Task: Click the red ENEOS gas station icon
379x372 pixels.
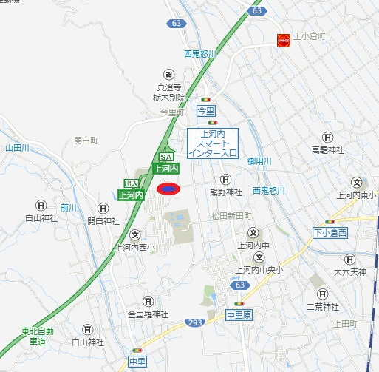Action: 284,41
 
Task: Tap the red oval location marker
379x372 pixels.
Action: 168,189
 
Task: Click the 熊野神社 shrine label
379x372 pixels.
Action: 225,192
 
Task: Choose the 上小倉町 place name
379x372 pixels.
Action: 310,35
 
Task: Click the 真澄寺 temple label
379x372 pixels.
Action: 171,86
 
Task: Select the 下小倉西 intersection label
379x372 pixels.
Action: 329,233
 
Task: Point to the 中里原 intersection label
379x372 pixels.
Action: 239,315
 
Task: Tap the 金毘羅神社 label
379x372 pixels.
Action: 148,314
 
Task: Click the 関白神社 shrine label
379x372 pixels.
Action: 103,220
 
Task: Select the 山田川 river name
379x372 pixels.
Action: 16,148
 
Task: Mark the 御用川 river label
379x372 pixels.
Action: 260,160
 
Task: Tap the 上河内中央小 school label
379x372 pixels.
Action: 258,270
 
